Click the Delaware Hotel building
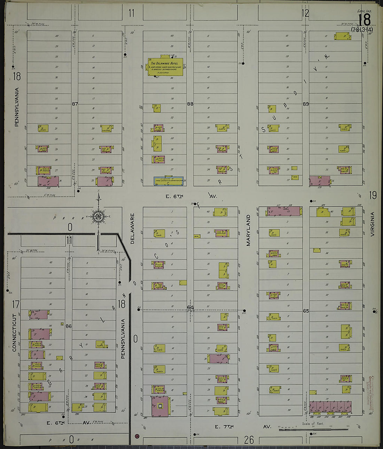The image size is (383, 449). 165,67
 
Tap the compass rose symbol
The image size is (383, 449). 99,216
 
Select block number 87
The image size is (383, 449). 74,104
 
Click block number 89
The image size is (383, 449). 306,104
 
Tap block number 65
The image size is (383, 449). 306,311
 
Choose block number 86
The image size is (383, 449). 68,326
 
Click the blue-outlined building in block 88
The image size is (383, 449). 169,181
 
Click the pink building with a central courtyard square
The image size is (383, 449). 160,406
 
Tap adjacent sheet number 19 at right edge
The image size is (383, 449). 373,195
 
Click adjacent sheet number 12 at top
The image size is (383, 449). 305,14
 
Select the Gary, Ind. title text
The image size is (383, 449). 364,12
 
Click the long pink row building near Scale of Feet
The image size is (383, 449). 330,407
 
